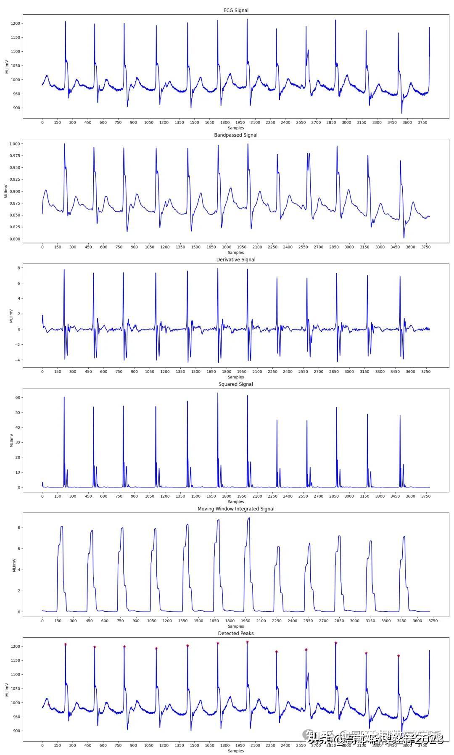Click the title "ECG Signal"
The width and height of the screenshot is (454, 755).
(x=235, y=10)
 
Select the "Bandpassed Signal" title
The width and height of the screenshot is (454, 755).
(x=235, y=135)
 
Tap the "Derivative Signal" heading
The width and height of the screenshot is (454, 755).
(x=235, y=259)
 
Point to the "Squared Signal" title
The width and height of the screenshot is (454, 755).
(x=235, y=384)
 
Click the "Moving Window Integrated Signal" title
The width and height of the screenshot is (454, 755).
(x=235, y=509)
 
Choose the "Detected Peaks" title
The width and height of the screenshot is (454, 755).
(x=235, y=633)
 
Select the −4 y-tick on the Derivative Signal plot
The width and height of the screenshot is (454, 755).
(x=17, y=360)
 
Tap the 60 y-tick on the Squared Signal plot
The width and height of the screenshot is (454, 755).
(x=17, y=397)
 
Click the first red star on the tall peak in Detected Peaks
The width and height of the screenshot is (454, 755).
(x=66, y=644)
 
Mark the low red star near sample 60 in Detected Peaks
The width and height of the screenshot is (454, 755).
(x=49, y=705)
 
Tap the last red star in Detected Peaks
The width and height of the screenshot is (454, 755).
(x=398, y=656)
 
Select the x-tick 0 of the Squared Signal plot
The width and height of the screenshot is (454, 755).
(x=42, y=496)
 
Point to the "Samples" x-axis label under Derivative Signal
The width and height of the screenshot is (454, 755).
(x=235, y=377)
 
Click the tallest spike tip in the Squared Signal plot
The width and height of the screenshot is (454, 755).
(x=218, y=393)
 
